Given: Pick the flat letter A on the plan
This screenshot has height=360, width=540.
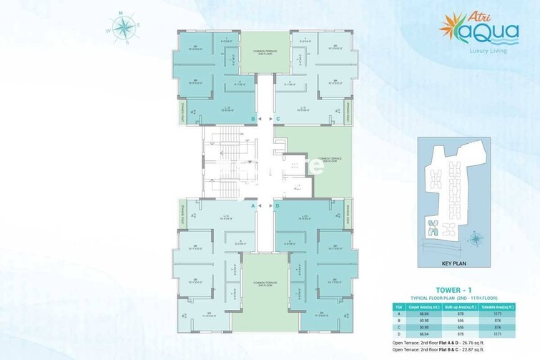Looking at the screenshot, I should pyautogui.click(x=252, y=205).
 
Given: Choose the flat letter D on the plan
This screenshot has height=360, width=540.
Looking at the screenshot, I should pyautogui.click(x=278, y=205).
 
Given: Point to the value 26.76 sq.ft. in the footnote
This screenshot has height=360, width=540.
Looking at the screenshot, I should pyautogui.click(x=487, y=341).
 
